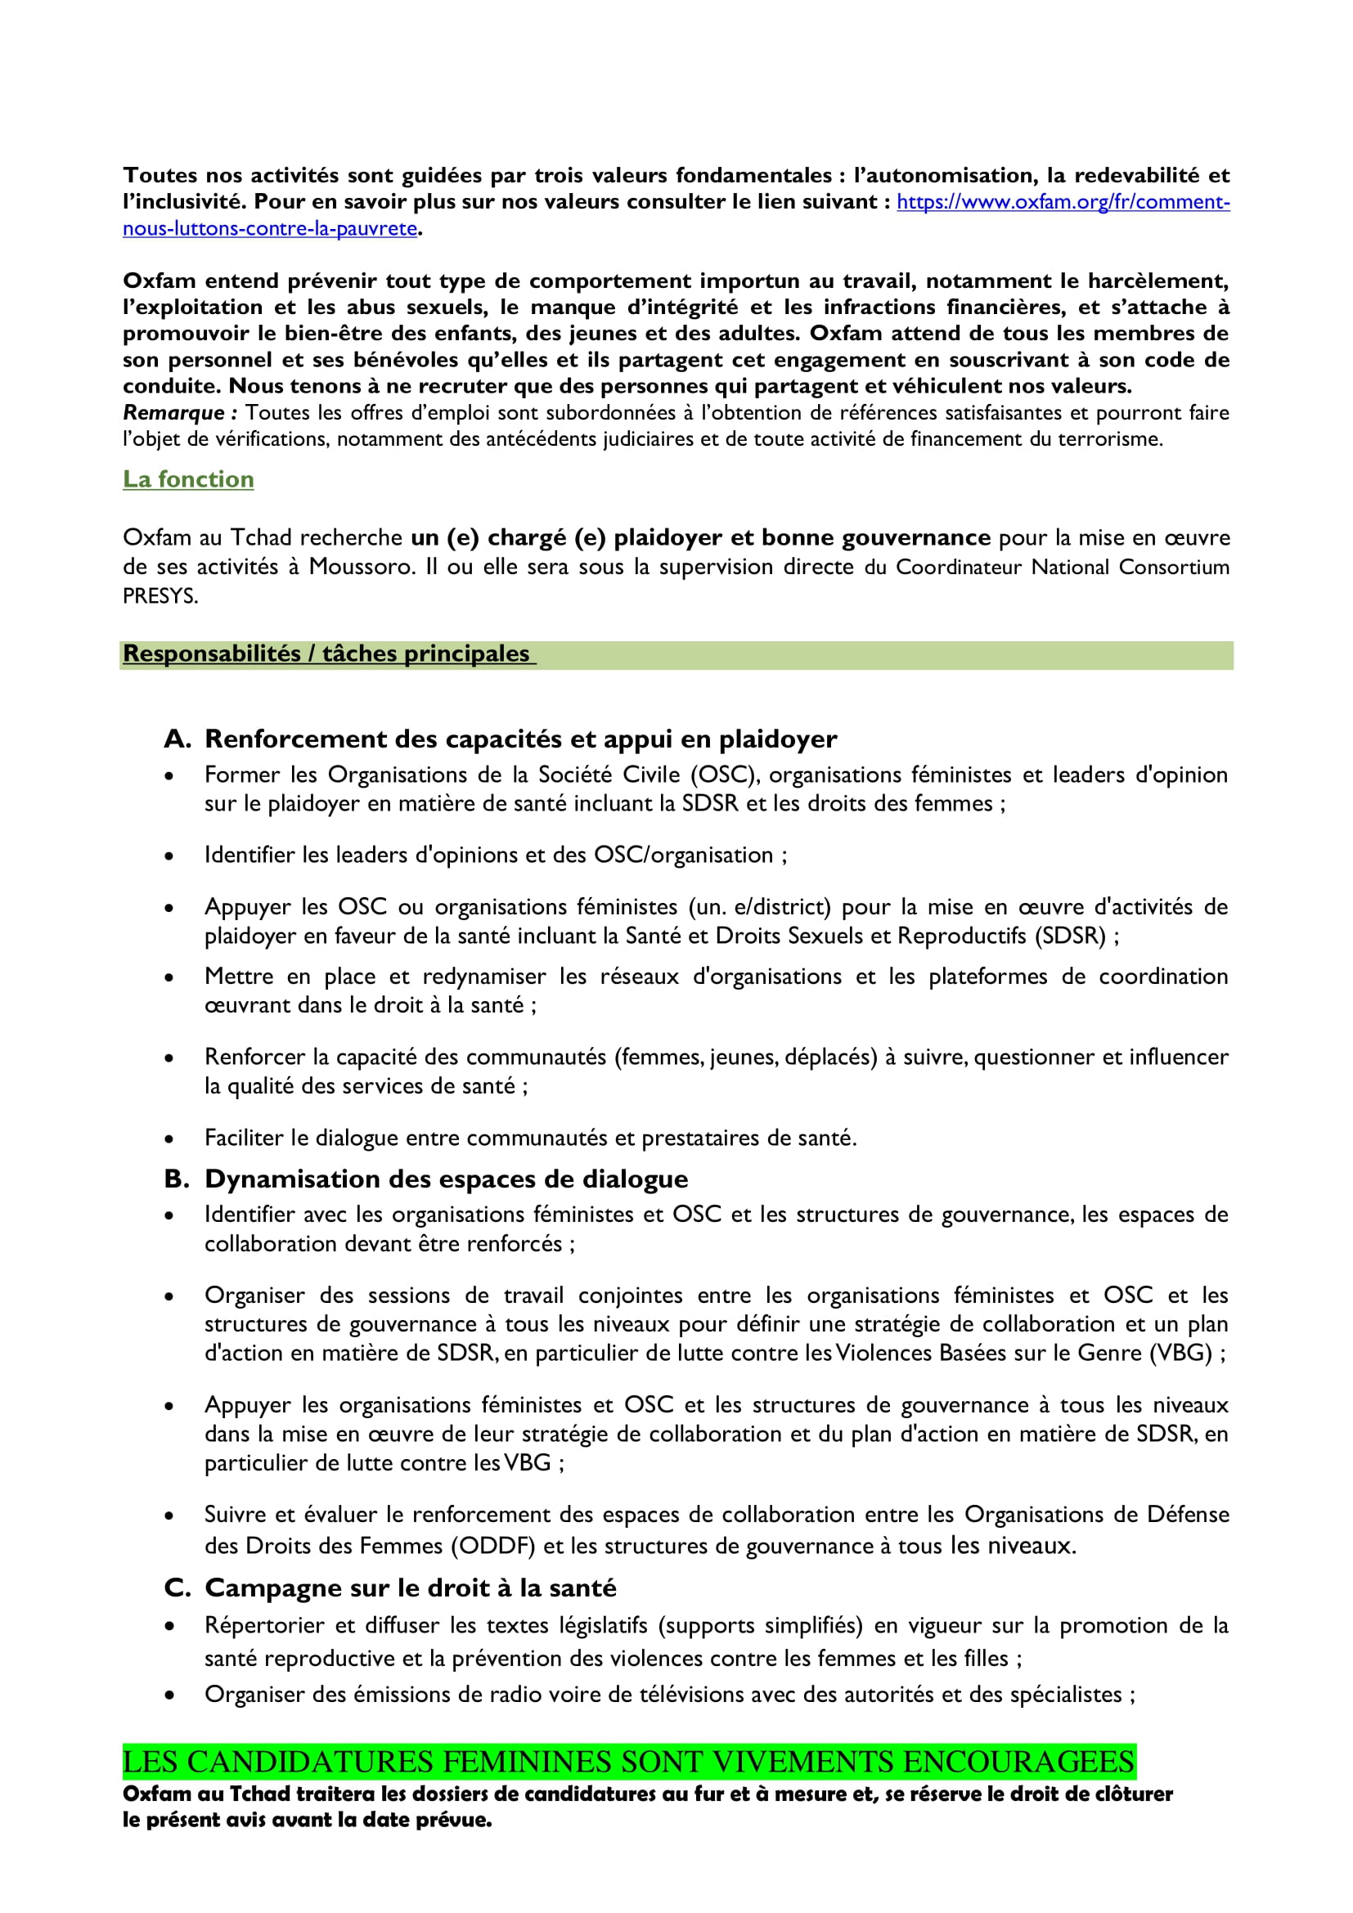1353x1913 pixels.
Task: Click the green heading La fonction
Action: (188, 479)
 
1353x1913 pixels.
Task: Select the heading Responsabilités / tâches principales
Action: (326, 654)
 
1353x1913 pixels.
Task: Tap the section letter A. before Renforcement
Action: (178, 739)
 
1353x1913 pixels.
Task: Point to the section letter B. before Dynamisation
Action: (177, 1179)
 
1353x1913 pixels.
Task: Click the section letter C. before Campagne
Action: (178, 1588)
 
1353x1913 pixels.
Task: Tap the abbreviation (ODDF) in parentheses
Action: (492, 1547)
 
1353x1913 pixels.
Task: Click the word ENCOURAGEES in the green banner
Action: (1018, 1763)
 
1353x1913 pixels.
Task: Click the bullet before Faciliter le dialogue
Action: (169, 1139)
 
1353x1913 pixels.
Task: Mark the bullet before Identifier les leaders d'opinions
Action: (169, 855)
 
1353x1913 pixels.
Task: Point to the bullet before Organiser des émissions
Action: (169, 1695)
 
